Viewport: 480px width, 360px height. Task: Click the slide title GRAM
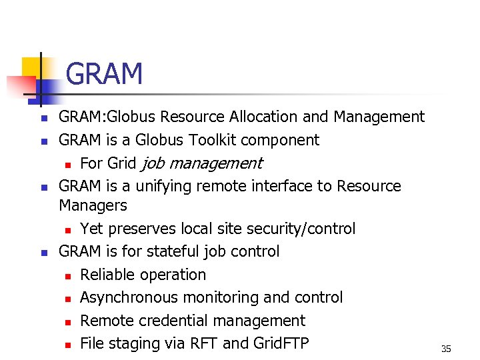click(105, 74)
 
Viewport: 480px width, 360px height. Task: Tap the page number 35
click(446, 349)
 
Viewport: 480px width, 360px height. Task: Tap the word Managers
click(93, 205)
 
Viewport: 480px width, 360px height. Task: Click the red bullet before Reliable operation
click(68, 275)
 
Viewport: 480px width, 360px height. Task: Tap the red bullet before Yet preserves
click(68, 230)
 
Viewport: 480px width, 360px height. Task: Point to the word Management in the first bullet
click(379, 117)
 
